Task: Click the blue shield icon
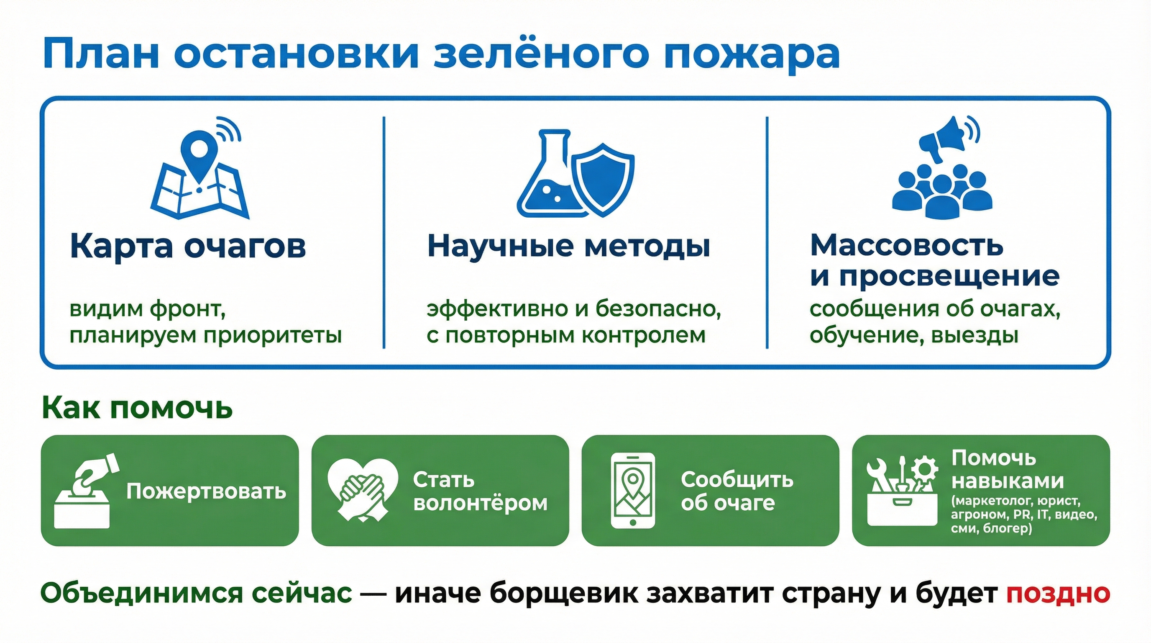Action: (x=603, y=179)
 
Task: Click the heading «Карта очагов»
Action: (x=188, y=246)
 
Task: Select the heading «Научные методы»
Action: (x=568, y=246)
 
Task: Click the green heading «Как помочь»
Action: (x=137, y=408)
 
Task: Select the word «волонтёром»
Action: (x=480, y=503)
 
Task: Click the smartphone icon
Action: (x=632, y=491)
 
